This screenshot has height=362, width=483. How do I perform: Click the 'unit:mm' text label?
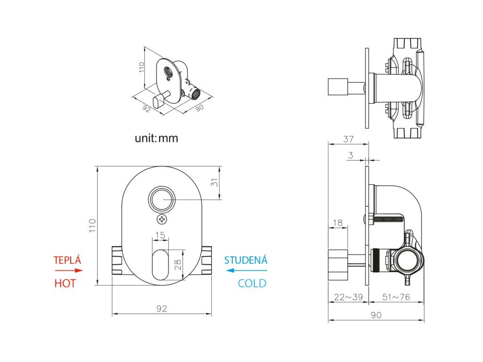tap(157, 139)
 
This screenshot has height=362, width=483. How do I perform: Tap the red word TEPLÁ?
tap(67, 260)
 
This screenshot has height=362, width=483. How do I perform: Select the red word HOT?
tap(65, 283)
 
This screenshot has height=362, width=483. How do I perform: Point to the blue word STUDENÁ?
tap(245, 260)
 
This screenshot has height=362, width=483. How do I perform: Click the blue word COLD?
tap(252, 283)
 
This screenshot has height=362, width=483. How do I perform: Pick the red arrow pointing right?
tap(69, 271)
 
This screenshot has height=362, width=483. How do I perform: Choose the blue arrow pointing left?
tap(246, 271)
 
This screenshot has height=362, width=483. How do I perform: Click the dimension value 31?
tap(215, 183)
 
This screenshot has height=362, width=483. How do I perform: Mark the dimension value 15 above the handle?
tap(160, 235)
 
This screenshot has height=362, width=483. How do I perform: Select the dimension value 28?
tap(178, 264)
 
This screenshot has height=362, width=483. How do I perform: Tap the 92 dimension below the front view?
tap(162, 309)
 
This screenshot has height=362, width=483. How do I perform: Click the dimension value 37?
tap(348, 139)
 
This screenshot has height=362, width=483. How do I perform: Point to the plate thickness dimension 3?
tap(350, 155)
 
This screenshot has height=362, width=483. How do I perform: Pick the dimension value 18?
tap(337, 222)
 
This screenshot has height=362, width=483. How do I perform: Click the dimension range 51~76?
tap(396, 297)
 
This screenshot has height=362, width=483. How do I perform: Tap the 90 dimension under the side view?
tap(376, 315)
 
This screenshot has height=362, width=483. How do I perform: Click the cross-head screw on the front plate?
tap(162, 219)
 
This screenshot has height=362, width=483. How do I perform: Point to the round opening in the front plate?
tap(162, 200)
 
